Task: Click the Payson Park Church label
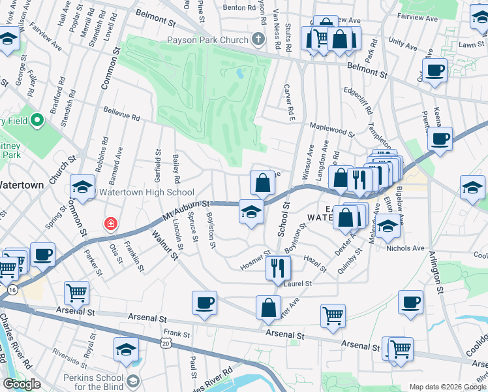207,40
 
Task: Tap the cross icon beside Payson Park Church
258,39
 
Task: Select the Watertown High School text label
147,192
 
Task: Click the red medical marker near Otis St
111,224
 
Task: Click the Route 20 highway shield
166,342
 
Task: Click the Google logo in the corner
22,384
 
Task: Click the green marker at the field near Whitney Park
38,120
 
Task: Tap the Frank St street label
176,333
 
